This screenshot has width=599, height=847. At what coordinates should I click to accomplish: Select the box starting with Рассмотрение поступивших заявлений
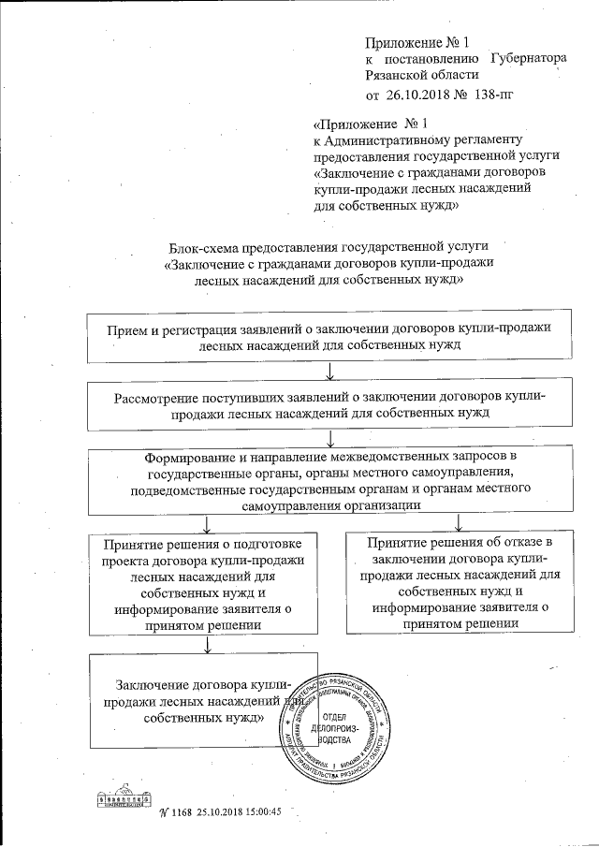click(330, 403)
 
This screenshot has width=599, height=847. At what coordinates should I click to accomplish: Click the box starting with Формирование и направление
click(331, 481)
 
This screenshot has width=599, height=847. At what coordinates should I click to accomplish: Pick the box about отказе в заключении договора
click(458, 581)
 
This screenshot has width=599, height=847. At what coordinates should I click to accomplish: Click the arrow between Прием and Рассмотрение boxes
click(332, 372)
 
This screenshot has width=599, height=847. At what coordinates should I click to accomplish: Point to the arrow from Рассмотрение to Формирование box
click(332, 440)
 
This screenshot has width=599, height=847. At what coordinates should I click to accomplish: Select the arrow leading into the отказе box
click(458, 521)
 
